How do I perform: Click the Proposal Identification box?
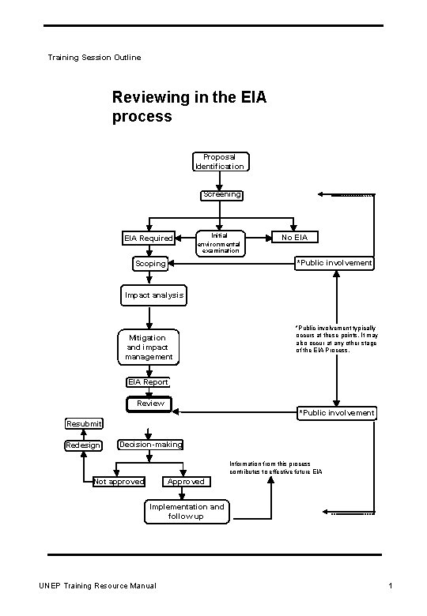pyautogui.click(x=220, y=162)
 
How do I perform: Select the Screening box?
pyautogui.click(x=221, y=194)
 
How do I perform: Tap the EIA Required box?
pyautogui.click(x=148, y=238)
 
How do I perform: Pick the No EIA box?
pyautogui.click(x=294, y=237)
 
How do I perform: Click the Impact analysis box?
pyautogui.click(x=153, y=295)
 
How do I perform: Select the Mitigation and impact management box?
pyautogui.click(x=149, y=347)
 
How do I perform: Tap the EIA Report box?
pyautogui.click(x=148, y=382)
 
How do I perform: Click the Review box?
pyautogui.click(x=150, y=404)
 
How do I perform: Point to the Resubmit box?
pyautogui.click(x=84, y=424)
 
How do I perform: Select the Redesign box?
pyautogui.click(x=83, y=445)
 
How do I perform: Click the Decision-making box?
pyautogui.click(x=150, y=445)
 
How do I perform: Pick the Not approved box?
pyautogui.click(x=119, y=482)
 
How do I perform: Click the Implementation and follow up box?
pyautogui.click(x=187, y=512)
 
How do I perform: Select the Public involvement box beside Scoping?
pyautogui.click(x=334, y=263)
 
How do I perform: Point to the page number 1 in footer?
pyautogui.click(x=391, y=585)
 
